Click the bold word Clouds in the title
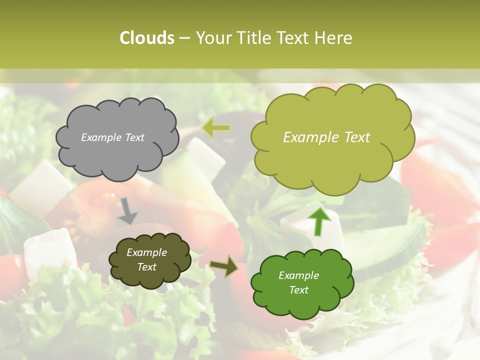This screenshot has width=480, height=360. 146,38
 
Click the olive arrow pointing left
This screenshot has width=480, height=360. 216,128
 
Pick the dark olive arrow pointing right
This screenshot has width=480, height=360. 224,266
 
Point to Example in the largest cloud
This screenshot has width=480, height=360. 308,137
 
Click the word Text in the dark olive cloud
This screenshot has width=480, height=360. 147,267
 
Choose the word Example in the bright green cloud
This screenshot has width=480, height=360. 298,275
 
